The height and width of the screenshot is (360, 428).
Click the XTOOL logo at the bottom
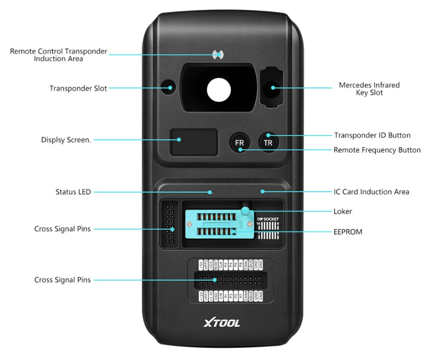221,323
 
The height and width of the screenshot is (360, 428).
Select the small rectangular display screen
194,143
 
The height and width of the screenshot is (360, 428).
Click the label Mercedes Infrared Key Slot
369,89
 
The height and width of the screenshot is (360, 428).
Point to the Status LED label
73,192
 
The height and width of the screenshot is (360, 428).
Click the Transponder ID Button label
372,135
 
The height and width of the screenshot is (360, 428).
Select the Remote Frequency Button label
377,150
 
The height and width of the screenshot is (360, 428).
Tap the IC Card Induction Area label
371,192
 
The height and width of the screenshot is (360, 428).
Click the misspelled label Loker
342,211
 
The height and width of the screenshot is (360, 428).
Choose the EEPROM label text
348,232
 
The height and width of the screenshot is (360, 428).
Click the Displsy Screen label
66,140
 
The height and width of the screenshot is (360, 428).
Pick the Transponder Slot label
78,88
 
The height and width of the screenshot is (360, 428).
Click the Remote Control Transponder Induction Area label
59,55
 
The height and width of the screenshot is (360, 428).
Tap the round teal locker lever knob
245,211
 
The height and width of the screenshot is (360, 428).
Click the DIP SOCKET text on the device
268,219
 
